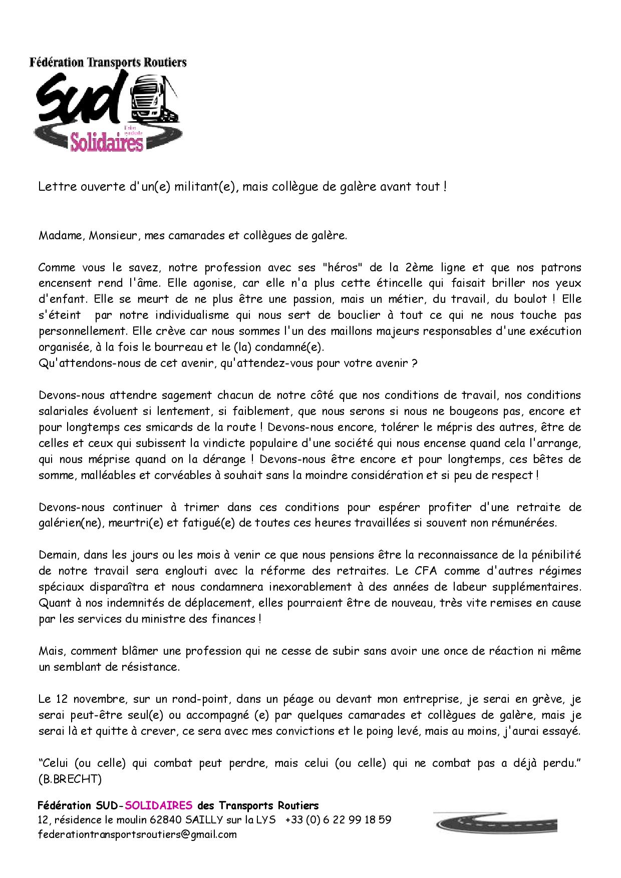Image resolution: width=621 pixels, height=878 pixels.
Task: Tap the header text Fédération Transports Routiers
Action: click(x=108, y=63)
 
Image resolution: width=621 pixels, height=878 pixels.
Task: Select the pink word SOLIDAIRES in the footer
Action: click(x=158, y=805)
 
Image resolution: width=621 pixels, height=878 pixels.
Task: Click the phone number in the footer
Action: click(x=338, y=820)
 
